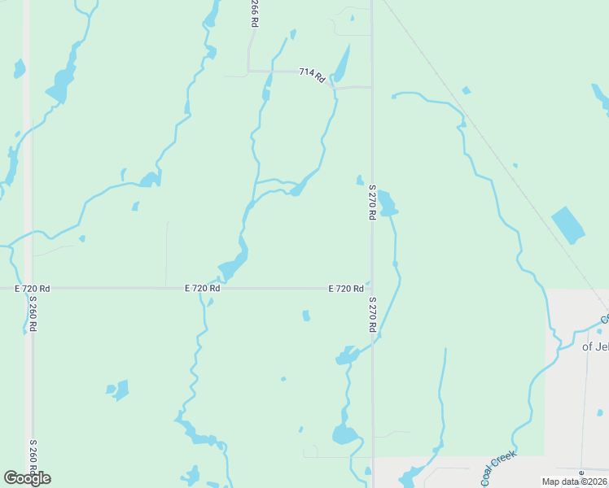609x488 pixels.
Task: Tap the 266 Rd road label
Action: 254,15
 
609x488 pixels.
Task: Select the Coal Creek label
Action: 499,469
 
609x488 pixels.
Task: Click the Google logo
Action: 27,477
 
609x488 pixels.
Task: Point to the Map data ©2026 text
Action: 574,481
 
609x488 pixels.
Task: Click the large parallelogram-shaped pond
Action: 567,224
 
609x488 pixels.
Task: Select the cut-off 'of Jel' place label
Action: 595,346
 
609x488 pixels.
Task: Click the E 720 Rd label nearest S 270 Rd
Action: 345,289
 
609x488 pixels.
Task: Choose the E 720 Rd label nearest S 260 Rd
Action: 33,289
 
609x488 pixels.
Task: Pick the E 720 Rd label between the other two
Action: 202,288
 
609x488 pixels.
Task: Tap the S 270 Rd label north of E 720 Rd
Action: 371,201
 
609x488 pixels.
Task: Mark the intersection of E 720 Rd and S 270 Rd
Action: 372,288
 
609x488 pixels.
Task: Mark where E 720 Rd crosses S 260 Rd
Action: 28,288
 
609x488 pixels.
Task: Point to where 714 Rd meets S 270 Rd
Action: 372,86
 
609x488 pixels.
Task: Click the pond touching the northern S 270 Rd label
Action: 386,203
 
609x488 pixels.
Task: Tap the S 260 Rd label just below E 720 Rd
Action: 33,313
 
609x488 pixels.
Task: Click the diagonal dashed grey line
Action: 489,146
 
